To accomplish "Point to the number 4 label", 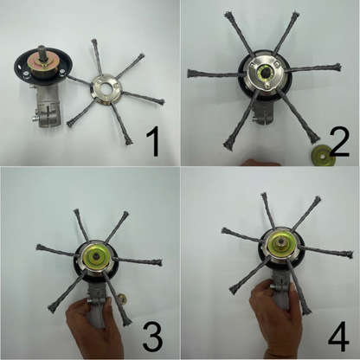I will [x=336, y=331].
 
